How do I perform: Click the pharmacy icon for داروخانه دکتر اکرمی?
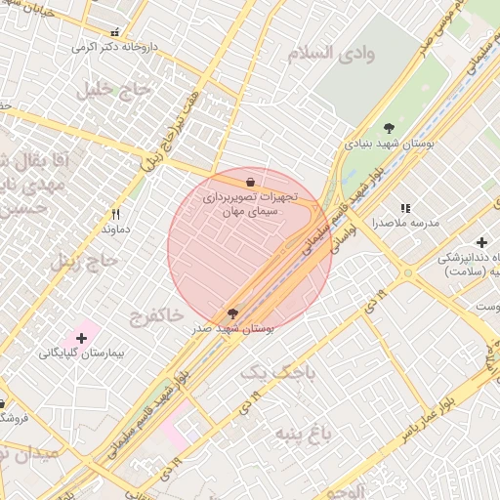click(117, 32)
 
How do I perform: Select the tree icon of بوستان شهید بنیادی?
click(390, 128)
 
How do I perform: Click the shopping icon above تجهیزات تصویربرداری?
click(251, 181)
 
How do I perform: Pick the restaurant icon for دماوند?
click(116, 213)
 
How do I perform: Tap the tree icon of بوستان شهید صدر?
click(232, 313)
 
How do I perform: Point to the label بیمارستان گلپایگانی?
click(77, 352)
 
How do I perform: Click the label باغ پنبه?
click(298, 432)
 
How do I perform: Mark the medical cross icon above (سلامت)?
click(481, 242)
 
